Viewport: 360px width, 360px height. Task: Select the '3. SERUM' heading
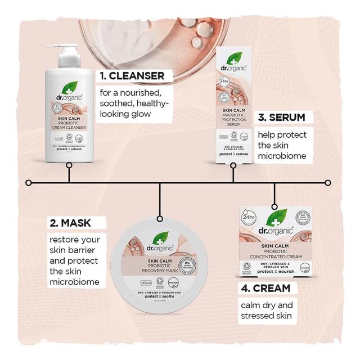click(x=281, y=118)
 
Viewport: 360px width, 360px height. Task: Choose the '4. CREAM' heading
click(x=264, y=288)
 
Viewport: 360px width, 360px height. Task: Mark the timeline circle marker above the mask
click(x=160, y=218)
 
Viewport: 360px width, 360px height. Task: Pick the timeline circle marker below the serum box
click(x=233, y=165)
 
